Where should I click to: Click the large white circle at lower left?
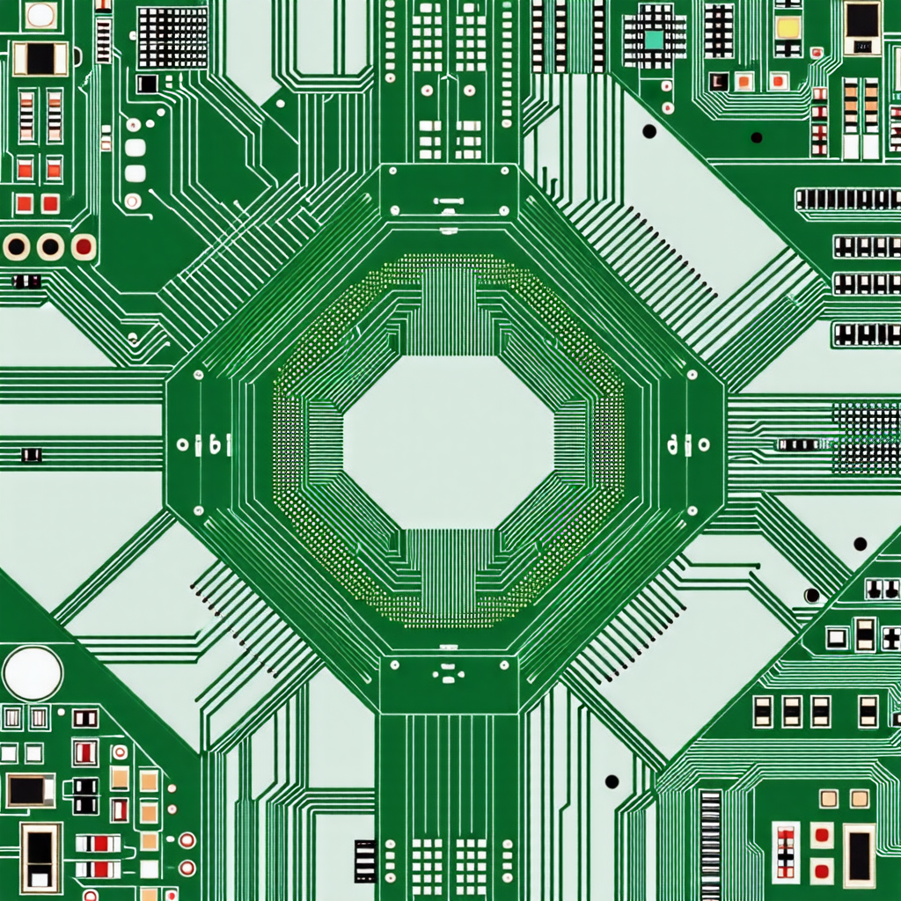(33, 673)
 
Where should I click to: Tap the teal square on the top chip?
(653, 39)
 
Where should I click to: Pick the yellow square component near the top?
(787, 27)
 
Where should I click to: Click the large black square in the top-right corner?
(861, 22)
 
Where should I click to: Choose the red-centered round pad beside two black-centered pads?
(84, 246)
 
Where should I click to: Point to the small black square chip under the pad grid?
(147, 84)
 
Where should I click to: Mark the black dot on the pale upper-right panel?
(649, 131)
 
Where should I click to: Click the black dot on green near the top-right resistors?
(756, 137)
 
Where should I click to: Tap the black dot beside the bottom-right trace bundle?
(612, 781)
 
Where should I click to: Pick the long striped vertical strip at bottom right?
(710, 845)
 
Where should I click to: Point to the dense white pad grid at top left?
(172, 38)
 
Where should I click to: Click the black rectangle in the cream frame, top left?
(40, 59)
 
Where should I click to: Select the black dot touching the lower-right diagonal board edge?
(811, 596)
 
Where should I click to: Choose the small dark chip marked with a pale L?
(718, 81)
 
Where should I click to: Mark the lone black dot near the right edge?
(860, 544)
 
